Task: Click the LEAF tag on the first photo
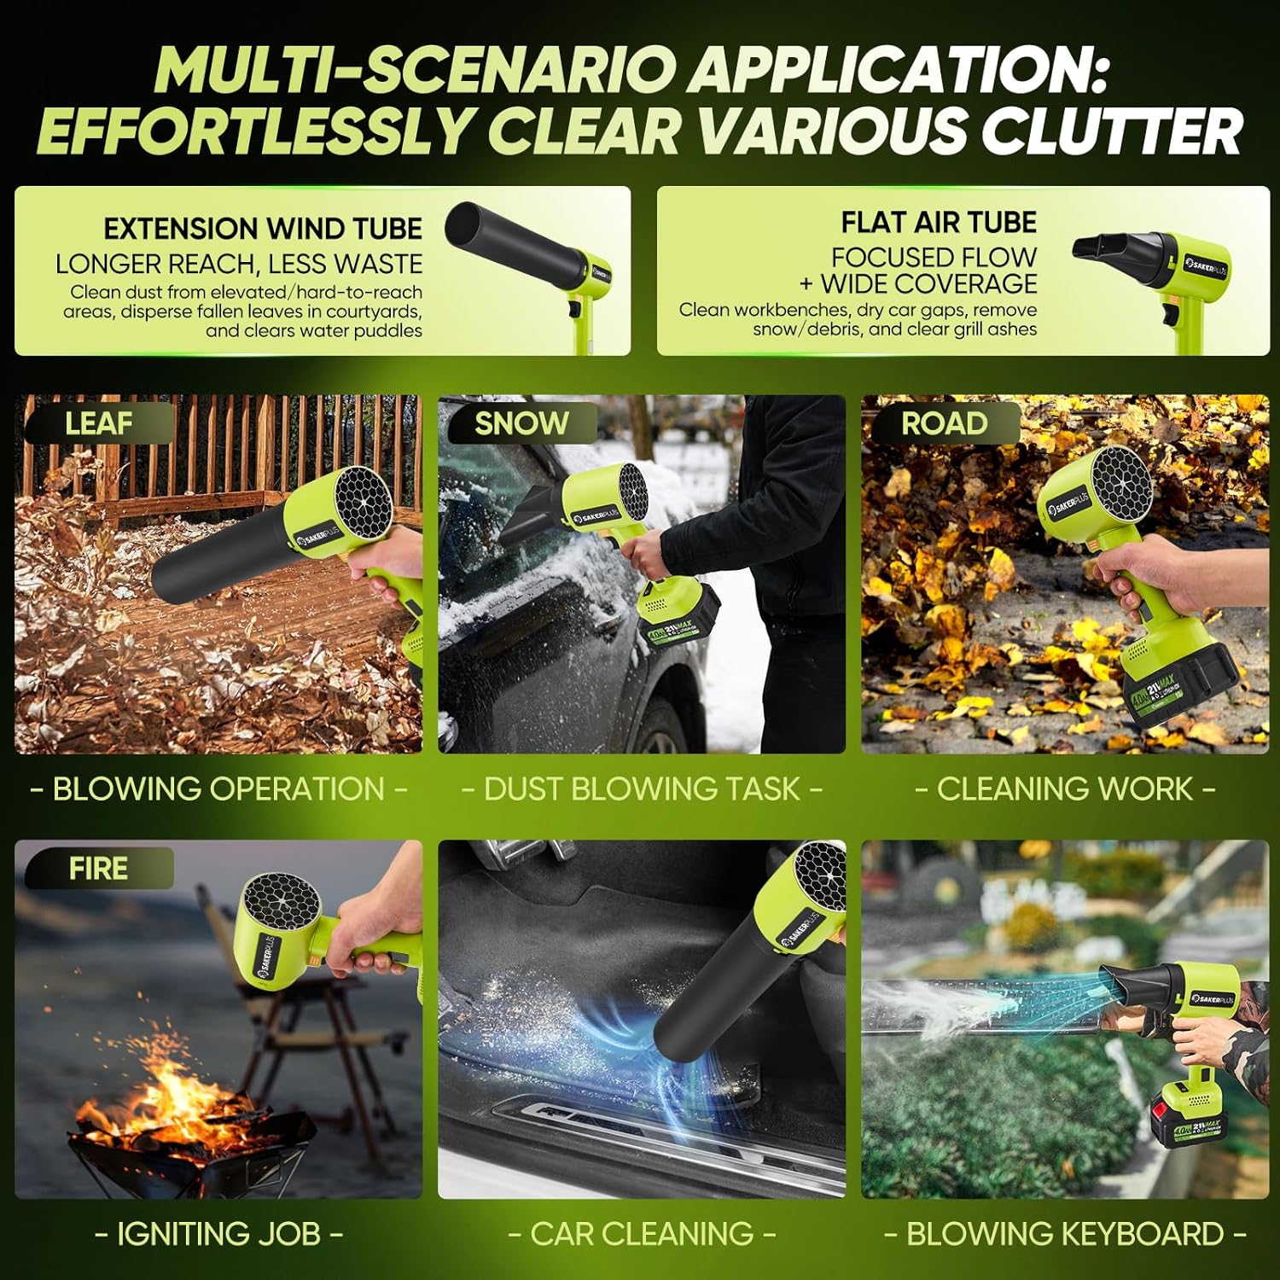(x=98, y=423)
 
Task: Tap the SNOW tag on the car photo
(x=521, y=423)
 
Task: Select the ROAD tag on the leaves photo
(x=944, y=423)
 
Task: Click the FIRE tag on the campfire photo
(x=98, y=869)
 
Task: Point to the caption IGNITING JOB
(x=218, y=1234)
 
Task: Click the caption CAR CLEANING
(x=642, y=1234)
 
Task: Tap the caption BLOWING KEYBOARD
(x=1065, y=1234)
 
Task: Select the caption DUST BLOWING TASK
(x=642, y=789)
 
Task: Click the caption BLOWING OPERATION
(x=218, y=789)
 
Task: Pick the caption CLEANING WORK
(x=1065, y=789)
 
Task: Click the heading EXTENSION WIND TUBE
(x=263, y=229)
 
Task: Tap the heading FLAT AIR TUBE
(x=939, y=223)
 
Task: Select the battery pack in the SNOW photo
(x=678, y=619)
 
